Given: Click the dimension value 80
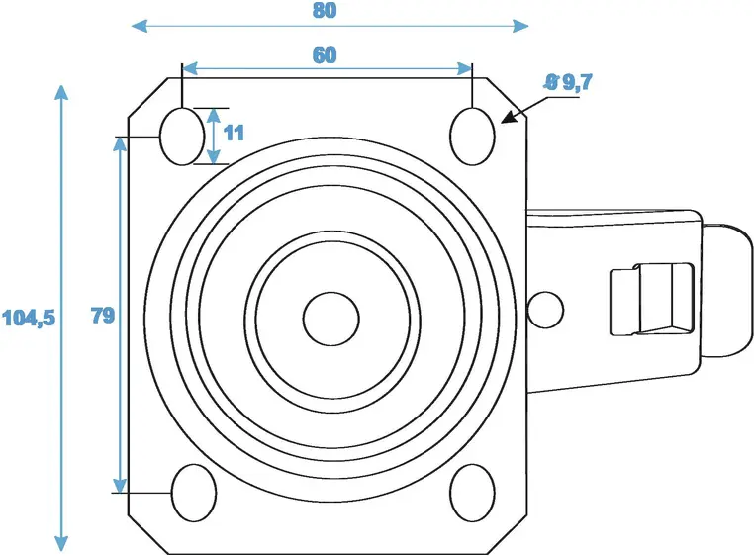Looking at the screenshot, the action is (325, 10).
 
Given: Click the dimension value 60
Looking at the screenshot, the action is (325, 55).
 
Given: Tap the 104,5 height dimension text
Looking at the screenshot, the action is (29, 318).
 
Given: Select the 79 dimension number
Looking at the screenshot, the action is (103, 316).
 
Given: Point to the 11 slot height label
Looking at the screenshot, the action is (234, 133).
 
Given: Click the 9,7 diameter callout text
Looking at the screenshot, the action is (568, 82).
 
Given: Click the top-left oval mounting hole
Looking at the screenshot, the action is (182, 137).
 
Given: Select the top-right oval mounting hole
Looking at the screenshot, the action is (472, 137).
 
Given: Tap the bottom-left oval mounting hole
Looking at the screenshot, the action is (194, 493).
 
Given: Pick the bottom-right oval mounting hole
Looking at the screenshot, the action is (472, 493).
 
